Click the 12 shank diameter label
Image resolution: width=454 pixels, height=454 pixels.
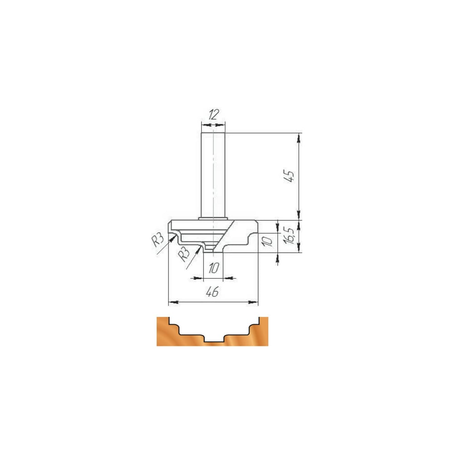(213, 115)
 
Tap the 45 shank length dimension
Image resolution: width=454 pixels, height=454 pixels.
(289, 176)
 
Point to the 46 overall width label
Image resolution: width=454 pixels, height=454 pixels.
(212, 292)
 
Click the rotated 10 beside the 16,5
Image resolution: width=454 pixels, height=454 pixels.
(267, 241)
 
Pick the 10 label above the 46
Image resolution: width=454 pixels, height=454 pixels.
(214, 268)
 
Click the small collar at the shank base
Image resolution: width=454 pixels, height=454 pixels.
(213, 219)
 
